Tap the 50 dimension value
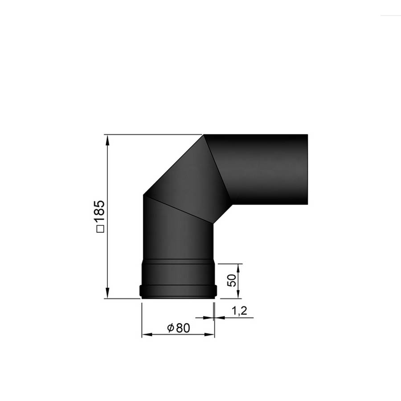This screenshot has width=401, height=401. coord(231,280)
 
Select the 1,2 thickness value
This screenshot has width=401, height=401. coord(239,311)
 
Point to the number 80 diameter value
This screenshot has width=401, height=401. coord(183,328)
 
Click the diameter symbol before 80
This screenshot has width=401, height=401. coord(171,327)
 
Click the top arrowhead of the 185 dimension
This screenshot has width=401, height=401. coord(108,140)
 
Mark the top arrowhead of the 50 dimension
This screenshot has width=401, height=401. coord(238,269)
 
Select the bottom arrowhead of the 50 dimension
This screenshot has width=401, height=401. coord(238,293)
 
